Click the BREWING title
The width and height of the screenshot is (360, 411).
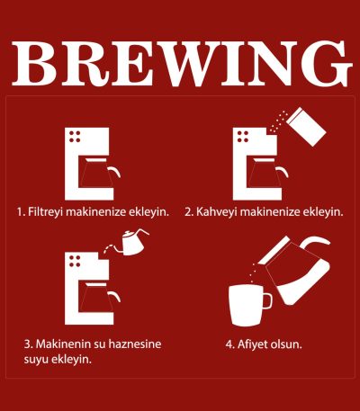pos(182,64)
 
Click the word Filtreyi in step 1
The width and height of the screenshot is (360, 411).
pos(45,212)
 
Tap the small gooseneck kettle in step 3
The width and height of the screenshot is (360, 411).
pos(133,243)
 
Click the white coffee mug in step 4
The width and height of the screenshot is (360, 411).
pos(250,305)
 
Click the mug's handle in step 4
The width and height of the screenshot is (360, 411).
pos(268,300)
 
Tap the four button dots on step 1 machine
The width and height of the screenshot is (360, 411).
pos(75,137)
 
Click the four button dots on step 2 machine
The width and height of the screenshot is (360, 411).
pos(243,137)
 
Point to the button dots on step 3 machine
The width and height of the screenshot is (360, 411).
pos(75,261)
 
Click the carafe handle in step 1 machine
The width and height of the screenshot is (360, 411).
pos(115,172)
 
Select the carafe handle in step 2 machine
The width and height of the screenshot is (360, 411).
pos(283,172)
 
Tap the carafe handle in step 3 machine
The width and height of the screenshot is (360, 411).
pos(115,296)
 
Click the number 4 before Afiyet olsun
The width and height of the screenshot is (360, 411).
pos(229,344)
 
